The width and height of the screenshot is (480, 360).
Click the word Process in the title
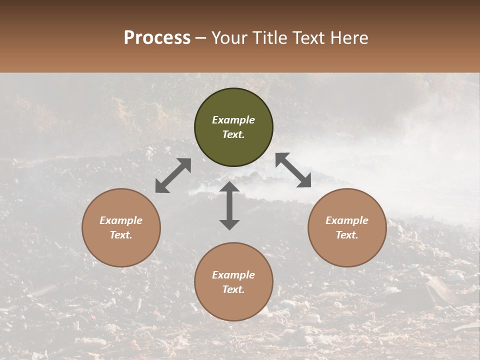point(157,38)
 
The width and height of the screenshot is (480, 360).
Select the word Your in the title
point(228,38)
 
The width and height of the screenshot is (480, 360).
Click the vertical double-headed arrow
point(229,205)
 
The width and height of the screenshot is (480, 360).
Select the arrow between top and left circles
point(173,175)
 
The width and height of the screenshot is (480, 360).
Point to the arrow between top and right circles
point(293,170)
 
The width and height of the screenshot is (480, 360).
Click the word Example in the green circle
point(233,120)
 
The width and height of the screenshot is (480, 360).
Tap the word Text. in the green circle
point(233,134)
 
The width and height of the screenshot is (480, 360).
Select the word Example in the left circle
point(121,220)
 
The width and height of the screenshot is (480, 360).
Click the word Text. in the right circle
point(347,235)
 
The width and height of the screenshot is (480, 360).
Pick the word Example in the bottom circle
point(233,275)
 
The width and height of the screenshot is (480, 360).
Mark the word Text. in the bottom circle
point(233,289)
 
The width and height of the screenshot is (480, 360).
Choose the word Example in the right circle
point(347,220)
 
